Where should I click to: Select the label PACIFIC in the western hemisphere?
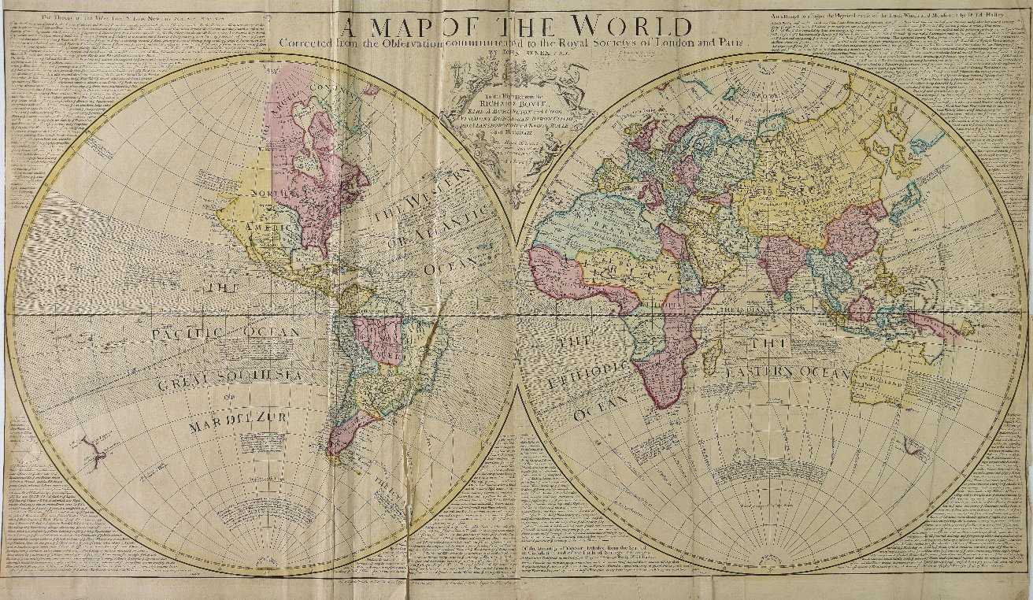(x=185, y=334)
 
